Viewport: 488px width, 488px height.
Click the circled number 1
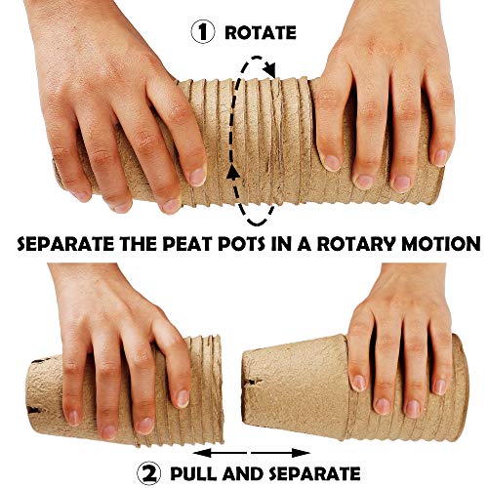[x=203, y=32]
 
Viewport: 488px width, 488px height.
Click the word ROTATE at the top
[x=261, y=33]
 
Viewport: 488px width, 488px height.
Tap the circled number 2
[x=149, y=473]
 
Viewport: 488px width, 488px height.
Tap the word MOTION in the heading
[x=441, y=244]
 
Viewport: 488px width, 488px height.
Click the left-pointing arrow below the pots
[x=221, y=453]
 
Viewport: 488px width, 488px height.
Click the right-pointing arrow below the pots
[x=280, y=453]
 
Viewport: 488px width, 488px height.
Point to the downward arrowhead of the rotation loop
[x=270, y=70]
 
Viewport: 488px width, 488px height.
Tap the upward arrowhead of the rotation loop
[x=233, y=172]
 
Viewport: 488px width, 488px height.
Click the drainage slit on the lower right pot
[x=254, y=381]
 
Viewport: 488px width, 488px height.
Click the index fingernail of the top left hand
[x=197, y=176]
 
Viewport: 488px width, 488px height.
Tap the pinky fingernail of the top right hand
[x=440, y=158]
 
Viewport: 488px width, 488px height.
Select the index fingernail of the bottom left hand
[x=183, y=398]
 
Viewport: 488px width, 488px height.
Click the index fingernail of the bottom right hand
[x=359, y=383]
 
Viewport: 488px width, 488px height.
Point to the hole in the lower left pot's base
[x=34, y=409]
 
